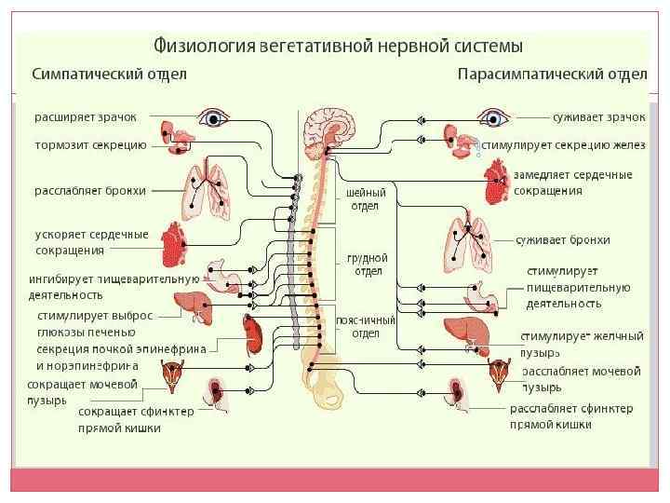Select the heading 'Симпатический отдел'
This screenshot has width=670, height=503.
point(111,73)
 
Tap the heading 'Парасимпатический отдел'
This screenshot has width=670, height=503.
point(552,73)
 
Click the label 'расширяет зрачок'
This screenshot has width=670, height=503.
point(86,117)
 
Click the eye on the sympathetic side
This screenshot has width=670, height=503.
point(215,118)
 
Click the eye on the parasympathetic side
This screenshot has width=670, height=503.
point(491,118)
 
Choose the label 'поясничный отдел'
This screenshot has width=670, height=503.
point(365,327)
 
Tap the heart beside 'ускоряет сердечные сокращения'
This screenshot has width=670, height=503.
point(174,243)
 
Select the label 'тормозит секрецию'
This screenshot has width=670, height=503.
point(90,145)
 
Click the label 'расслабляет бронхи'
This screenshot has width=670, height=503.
point(90,191)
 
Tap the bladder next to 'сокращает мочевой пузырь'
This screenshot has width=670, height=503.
point(173,379)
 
